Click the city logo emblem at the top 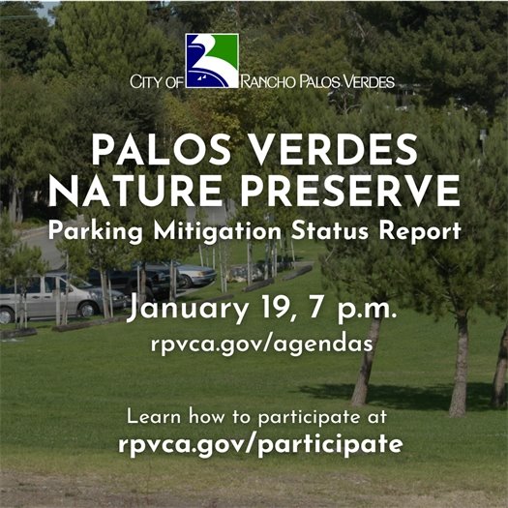click(212, 60)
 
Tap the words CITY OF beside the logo click(156, 84)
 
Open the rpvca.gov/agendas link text click(260, 345)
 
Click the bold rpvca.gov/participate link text click(260, 445)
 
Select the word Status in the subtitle click(321, 233)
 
